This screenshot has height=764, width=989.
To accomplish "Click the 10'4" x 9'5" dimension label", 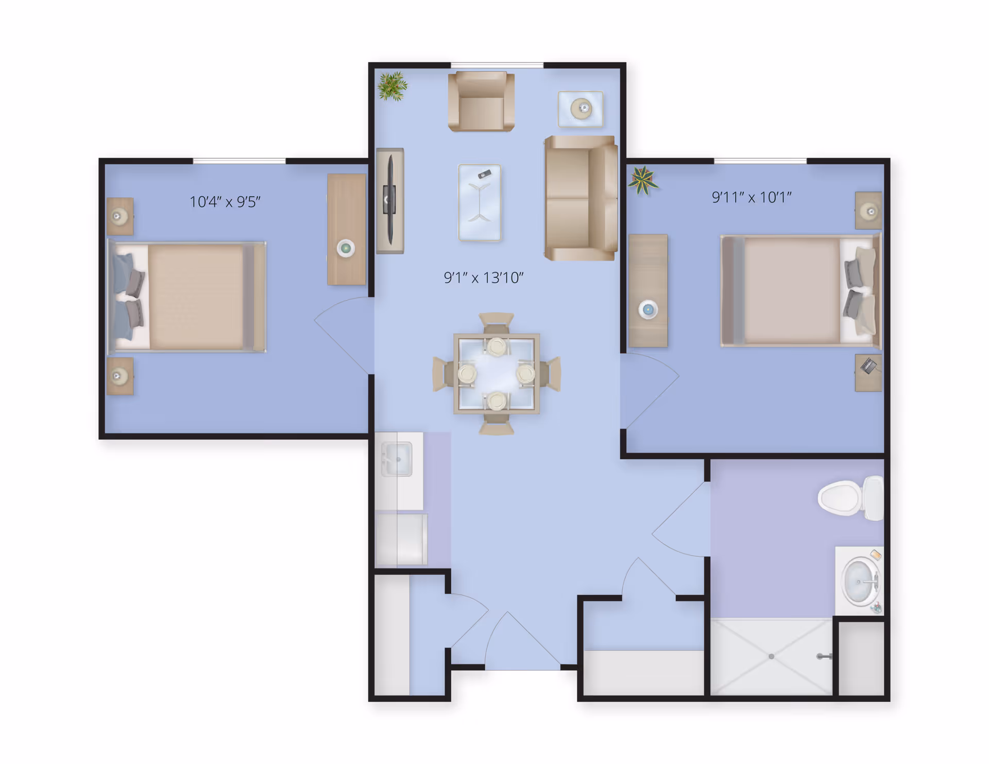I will [225, 202].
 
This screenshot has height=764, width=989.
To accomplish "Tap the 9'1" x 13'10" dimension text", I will [483, 278].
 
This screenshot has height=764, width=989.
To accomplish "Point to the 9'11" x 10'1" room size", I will [751, 197].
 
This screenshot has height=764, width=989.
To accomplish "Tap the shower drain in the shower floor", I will [771, 656].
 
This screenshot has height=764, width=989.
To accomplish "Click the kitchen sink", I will [397, 459].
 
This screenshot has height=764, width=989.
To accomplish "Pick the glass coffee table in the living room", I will [480, 202].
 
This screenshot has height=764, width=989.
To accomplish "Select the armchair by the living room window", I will [481, 101].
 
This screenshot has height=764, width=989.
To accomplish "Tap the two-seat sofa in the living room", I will [581, 198].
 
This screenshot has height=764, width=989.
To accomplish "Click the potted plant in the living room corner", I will [393, 86].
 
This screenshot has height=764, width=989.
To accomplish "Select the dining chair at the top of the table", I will [496, 322].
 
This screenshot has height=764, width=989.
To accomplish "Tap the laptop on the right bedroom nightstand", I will [868, 366].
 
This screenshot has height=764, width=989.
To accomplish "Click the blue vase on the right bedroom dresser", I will [648, 309].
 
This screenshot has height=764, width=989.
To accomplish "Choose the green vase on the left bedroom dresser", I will [346, 249].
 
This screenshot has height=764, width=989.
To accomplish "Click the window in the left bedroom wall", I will [239, 161].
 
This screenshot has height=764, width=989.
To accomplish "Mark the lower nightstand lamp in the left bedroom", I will [119, 376].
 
